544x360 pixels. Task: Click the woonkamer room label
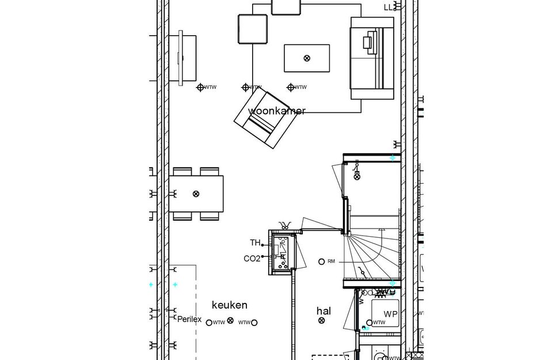click(276, 111)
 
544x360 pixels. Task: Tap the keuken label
click(229, 305)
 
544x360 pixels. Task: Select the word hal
click(324, 311)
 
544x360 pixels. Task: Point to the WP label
click(390, 314)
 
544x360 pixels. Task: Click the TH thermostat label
click(255, 242)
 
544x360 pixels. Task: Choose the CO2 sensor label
click(252, 259)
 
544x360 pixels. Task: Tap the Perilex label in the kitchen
click(189, 319)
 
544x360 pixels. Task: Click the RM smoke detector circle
click(322, 262)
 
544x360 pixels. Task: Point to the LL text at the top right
click(389, 7)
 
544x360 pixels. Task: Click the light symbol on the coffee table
click(307, 58)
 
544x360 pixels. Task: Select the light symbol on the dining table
click(196, 194)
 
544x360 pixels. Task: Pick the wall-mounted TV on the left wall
click(181, 57)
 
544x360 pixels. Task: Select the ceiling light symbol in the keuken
click(230, 321)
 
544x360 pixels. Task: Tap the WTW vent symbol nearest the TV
click(200, 88)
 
